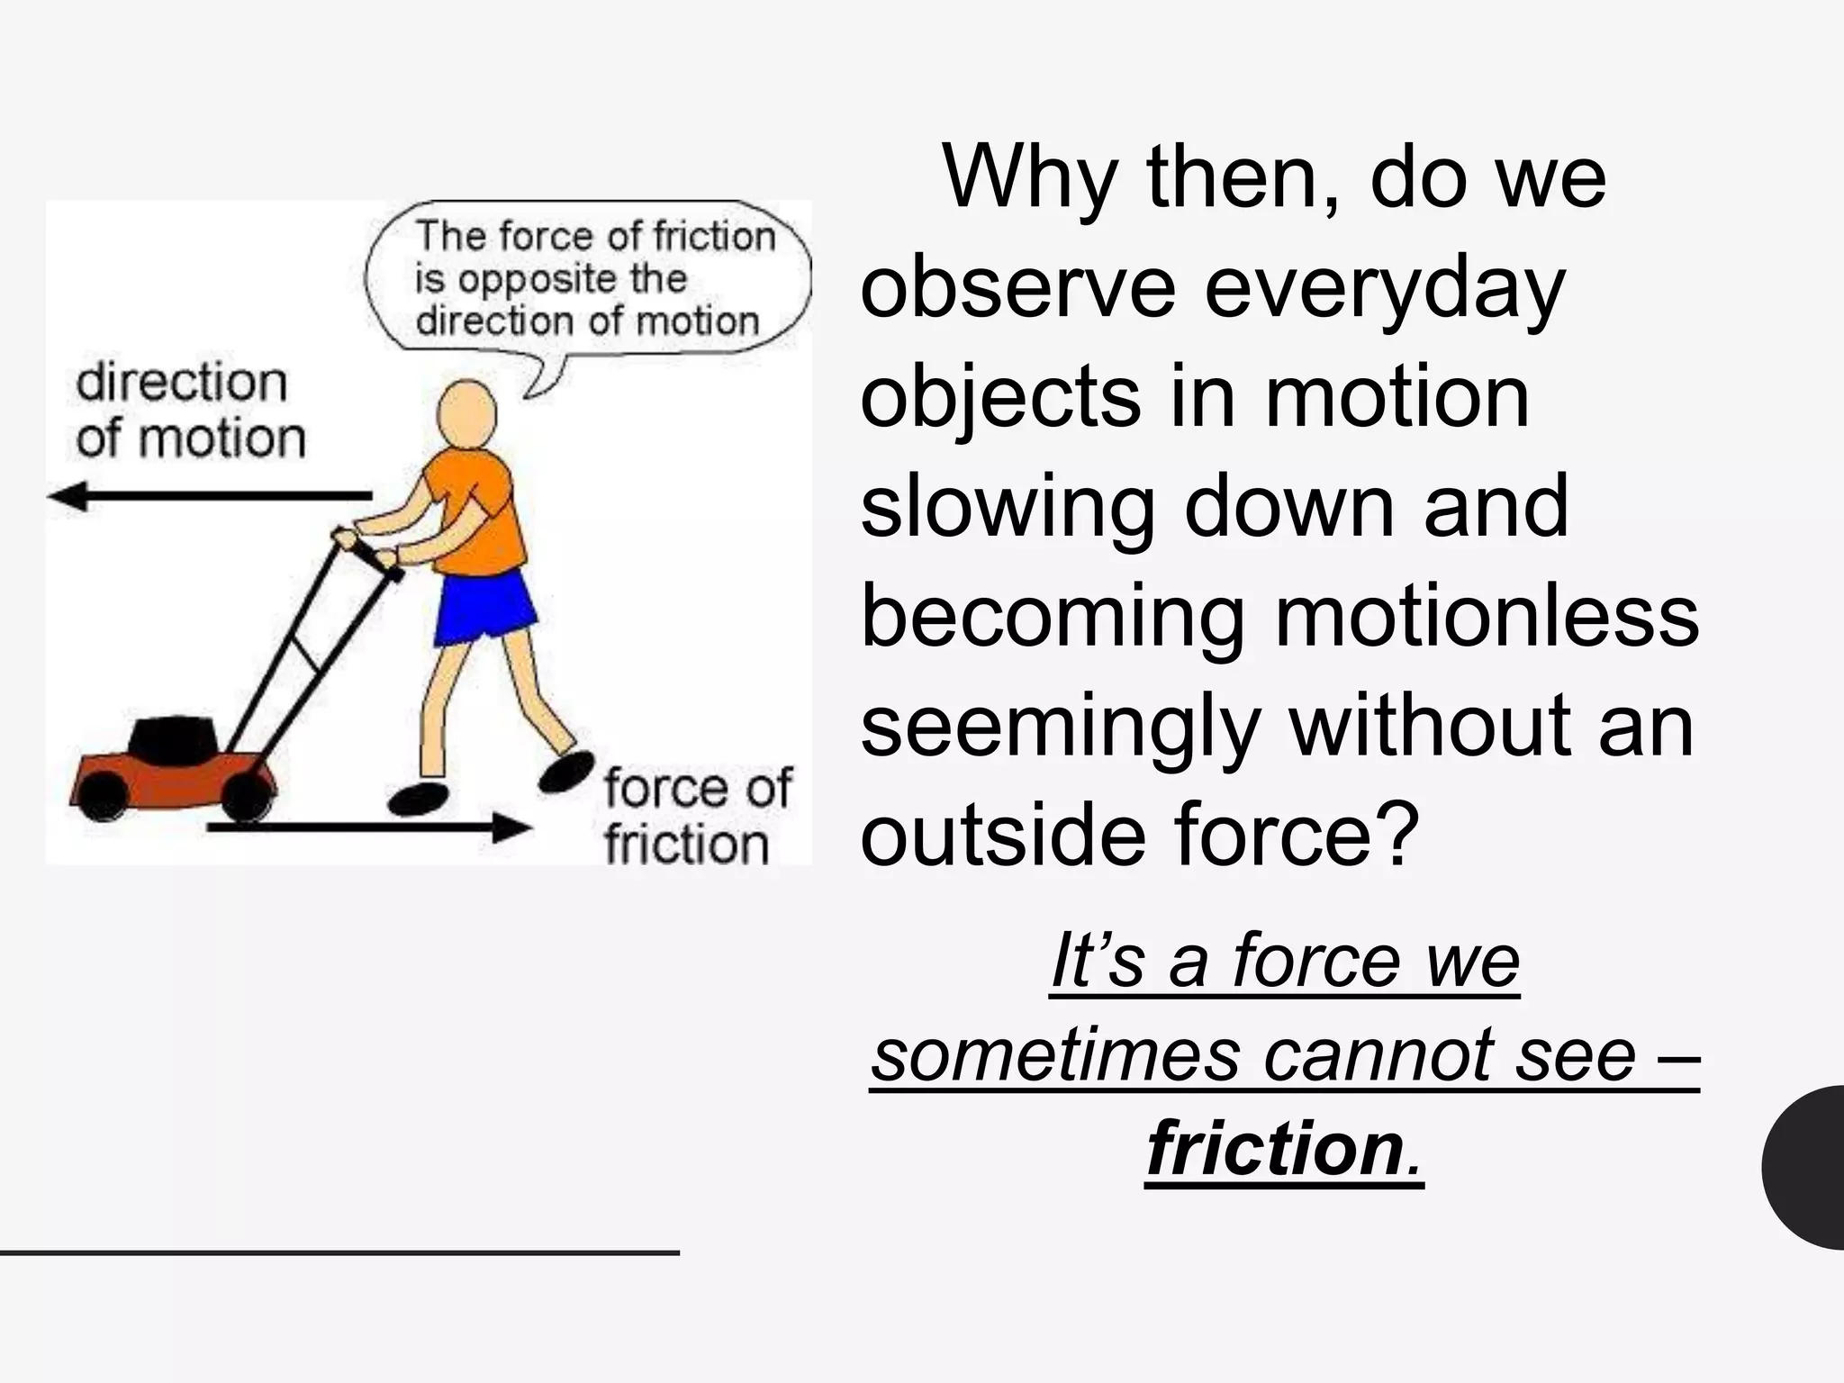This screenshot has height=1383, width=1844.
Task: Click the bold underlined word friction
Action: pos(1275,1150)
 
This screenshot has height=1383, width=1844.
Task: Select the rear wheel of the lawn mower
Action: pos(243,796)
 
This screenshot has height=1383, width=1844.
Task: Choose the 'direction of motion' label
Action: pos(190,411)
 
